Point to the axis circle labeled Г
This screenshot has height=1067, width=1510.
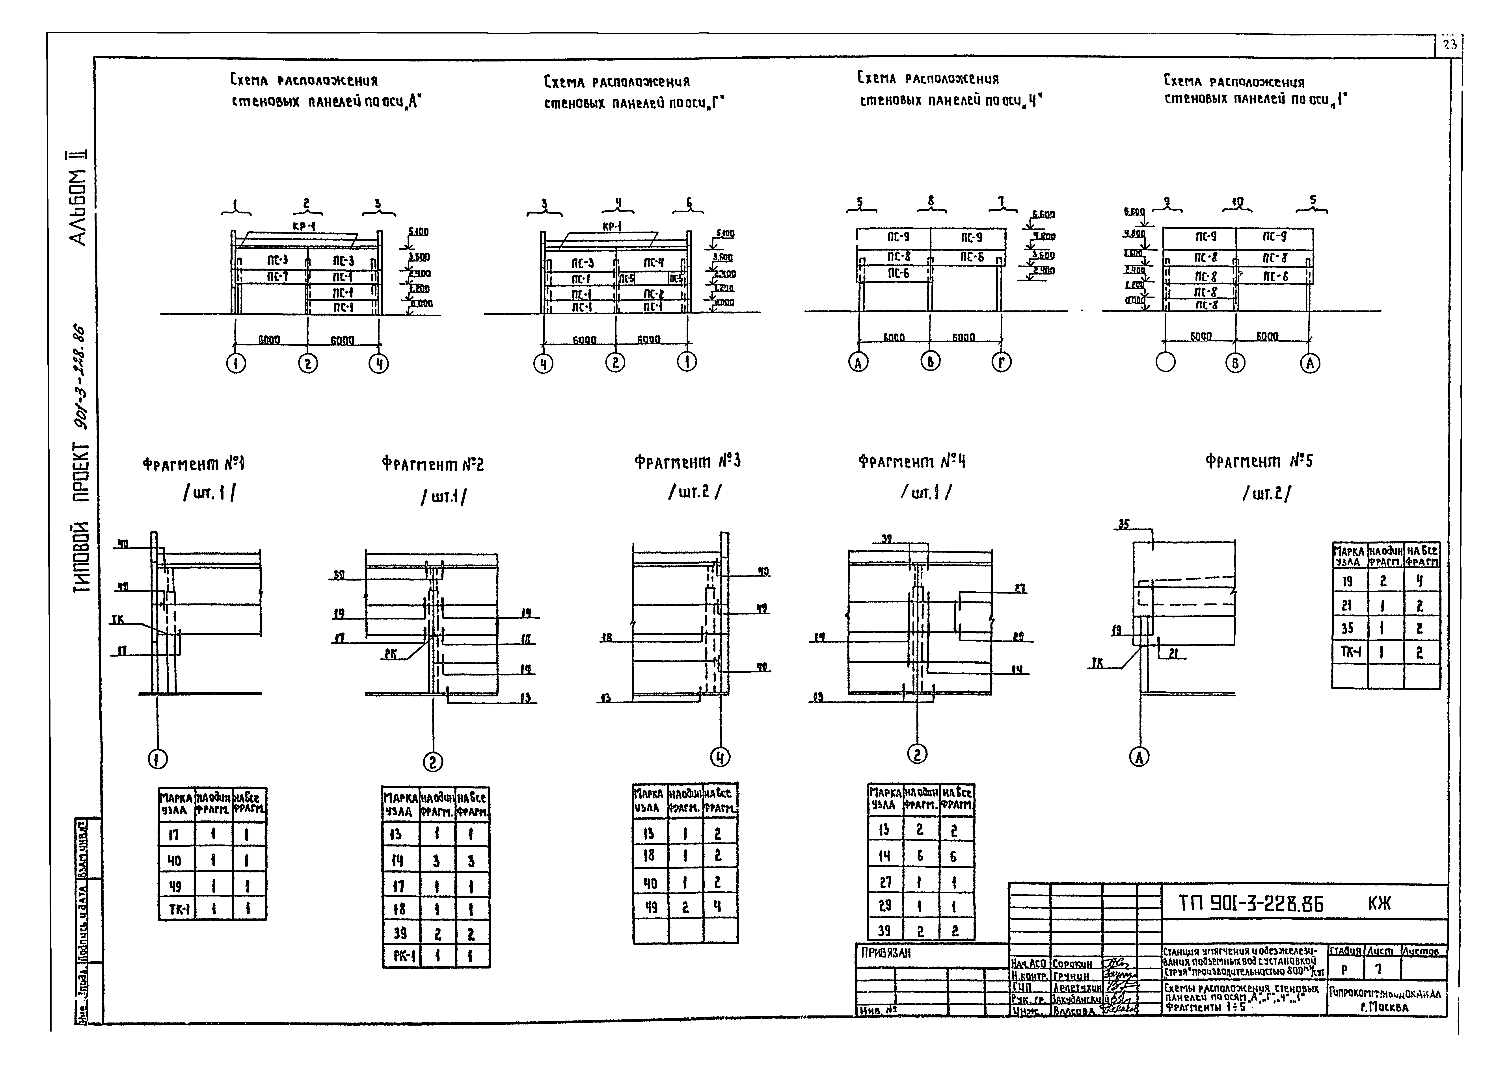tap(1002, 362)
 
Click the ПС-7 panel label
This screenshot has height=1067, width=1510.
tap(277, 277)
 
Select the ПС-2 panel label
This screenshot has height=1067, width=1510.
tap(653, 294)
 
